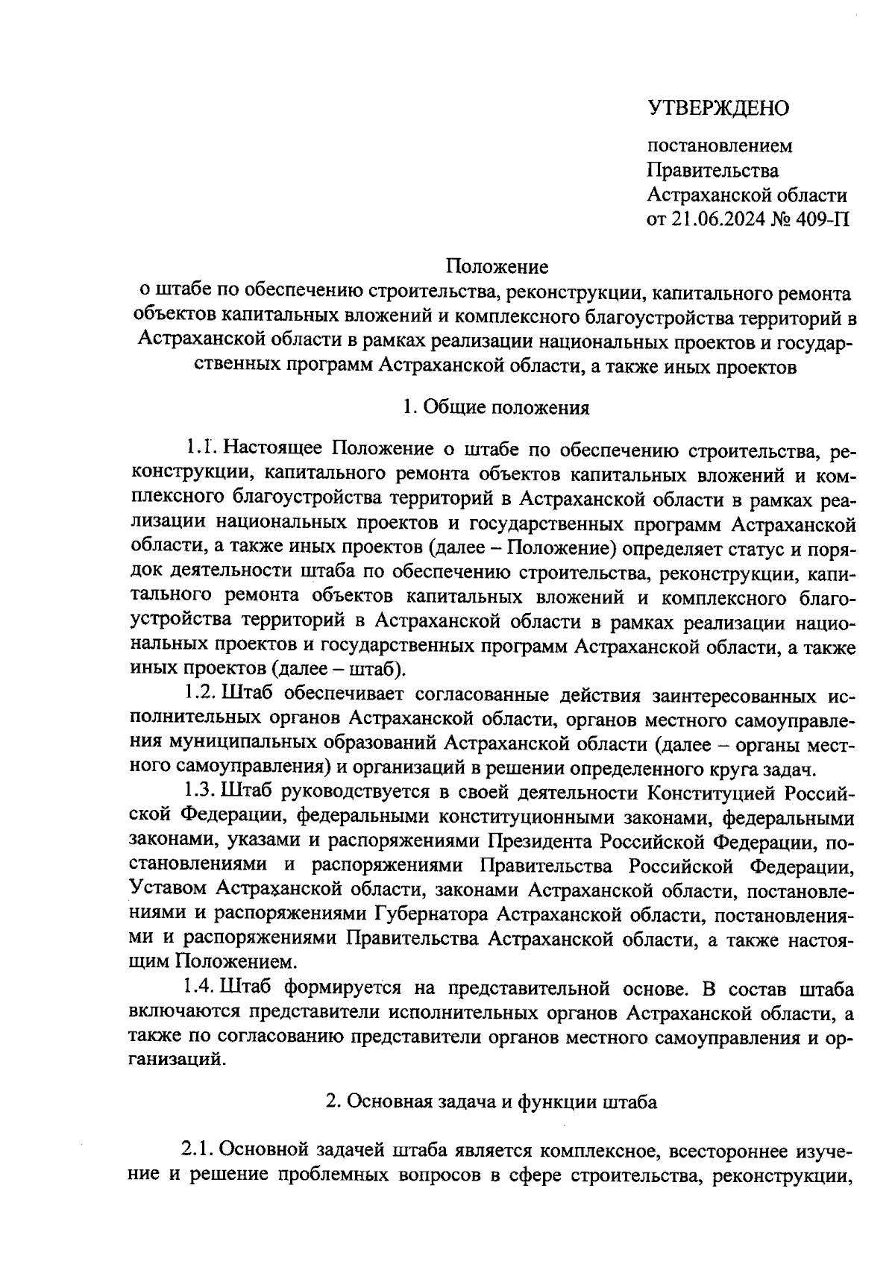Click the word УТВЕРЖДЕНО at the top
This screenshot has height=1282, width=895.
click(717, 108)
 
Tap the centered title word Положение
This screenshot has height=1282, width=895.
click(497, 265)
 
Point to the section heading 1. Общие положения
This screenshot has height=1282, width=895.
click(496, 407)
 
